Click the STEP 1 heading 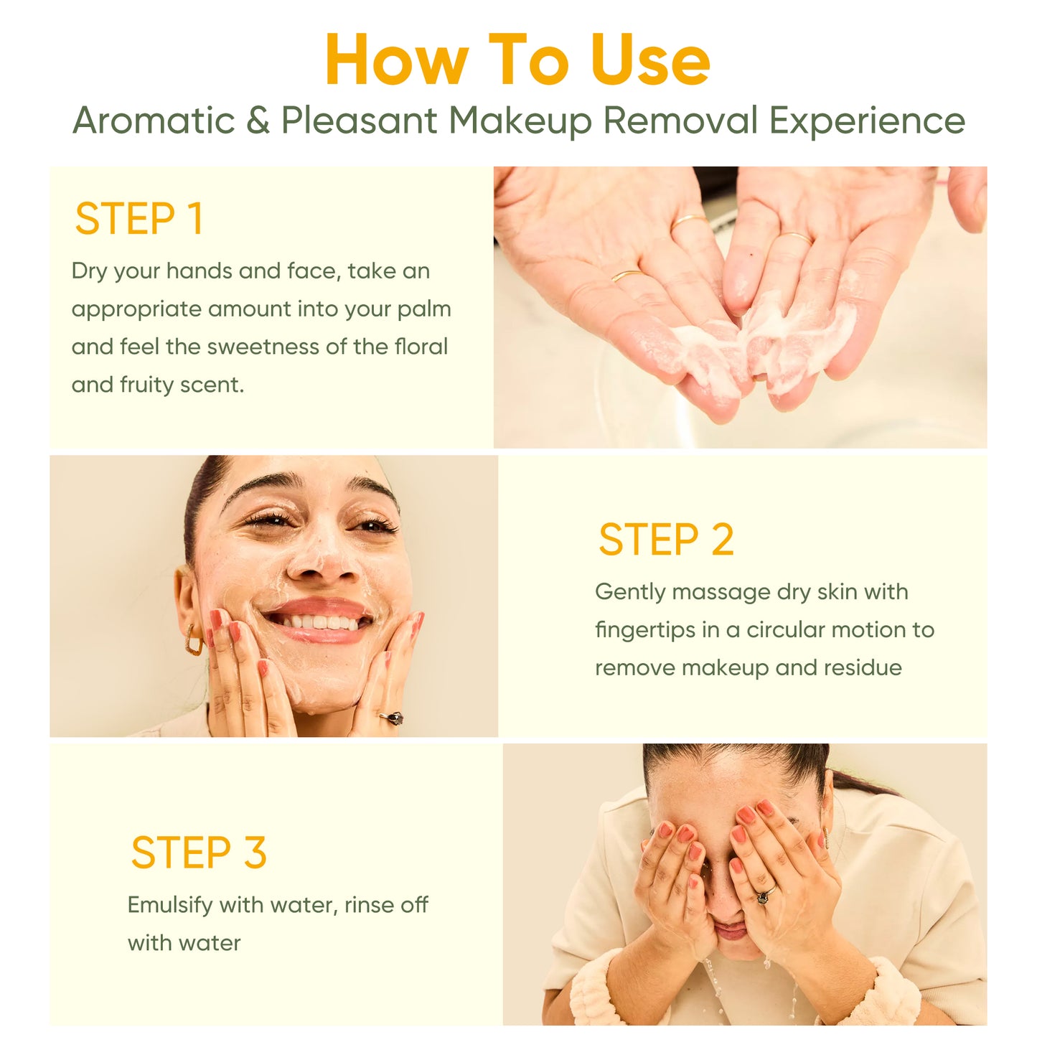point(139,218)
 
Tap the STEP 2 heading point(666,539)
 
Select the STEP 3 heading point(199,853)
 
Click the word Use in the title point(650,60)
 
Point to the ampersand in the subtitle point(258,120)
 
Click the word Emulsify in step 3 point(170,905)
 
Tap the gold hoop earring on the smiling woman point(194,639)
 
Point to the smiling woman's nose point(324,563)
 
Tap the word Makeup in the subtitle point(520,121)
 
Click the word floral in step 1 point(421,347)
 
